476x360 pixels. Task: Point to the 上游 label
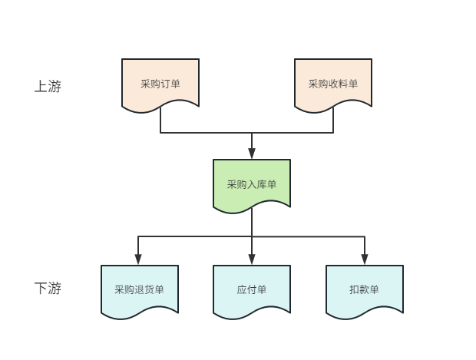tap(48, 87)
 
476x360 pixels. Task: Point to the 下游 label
tap(48, 289)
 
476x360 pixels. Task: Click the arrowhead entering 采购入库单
tap(252, 154)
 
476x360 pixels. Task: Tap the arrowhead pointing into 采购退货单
tap(139, 260)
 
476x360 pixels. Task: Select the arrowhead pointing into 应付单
tap(252, 260)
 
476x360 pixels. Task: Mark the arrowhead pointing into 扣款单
tap(364, 260)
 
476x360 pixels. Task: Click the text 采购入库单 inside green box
tap(252, 185)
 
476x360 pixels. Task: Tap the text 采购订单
tap(160, 84)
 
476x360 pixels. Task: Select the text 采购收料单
tap(333, 84)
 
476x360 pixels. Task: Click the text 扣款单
tap(364, 290)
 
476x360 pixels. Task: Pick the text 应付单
tap(252, 290)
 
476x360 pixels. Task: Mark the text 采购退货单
tap(139, 290)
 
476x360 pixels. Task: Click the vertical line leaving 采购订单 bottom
tap(160, 121)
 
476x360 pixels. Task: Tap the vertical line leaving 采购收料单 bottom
tap(333, 121)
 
